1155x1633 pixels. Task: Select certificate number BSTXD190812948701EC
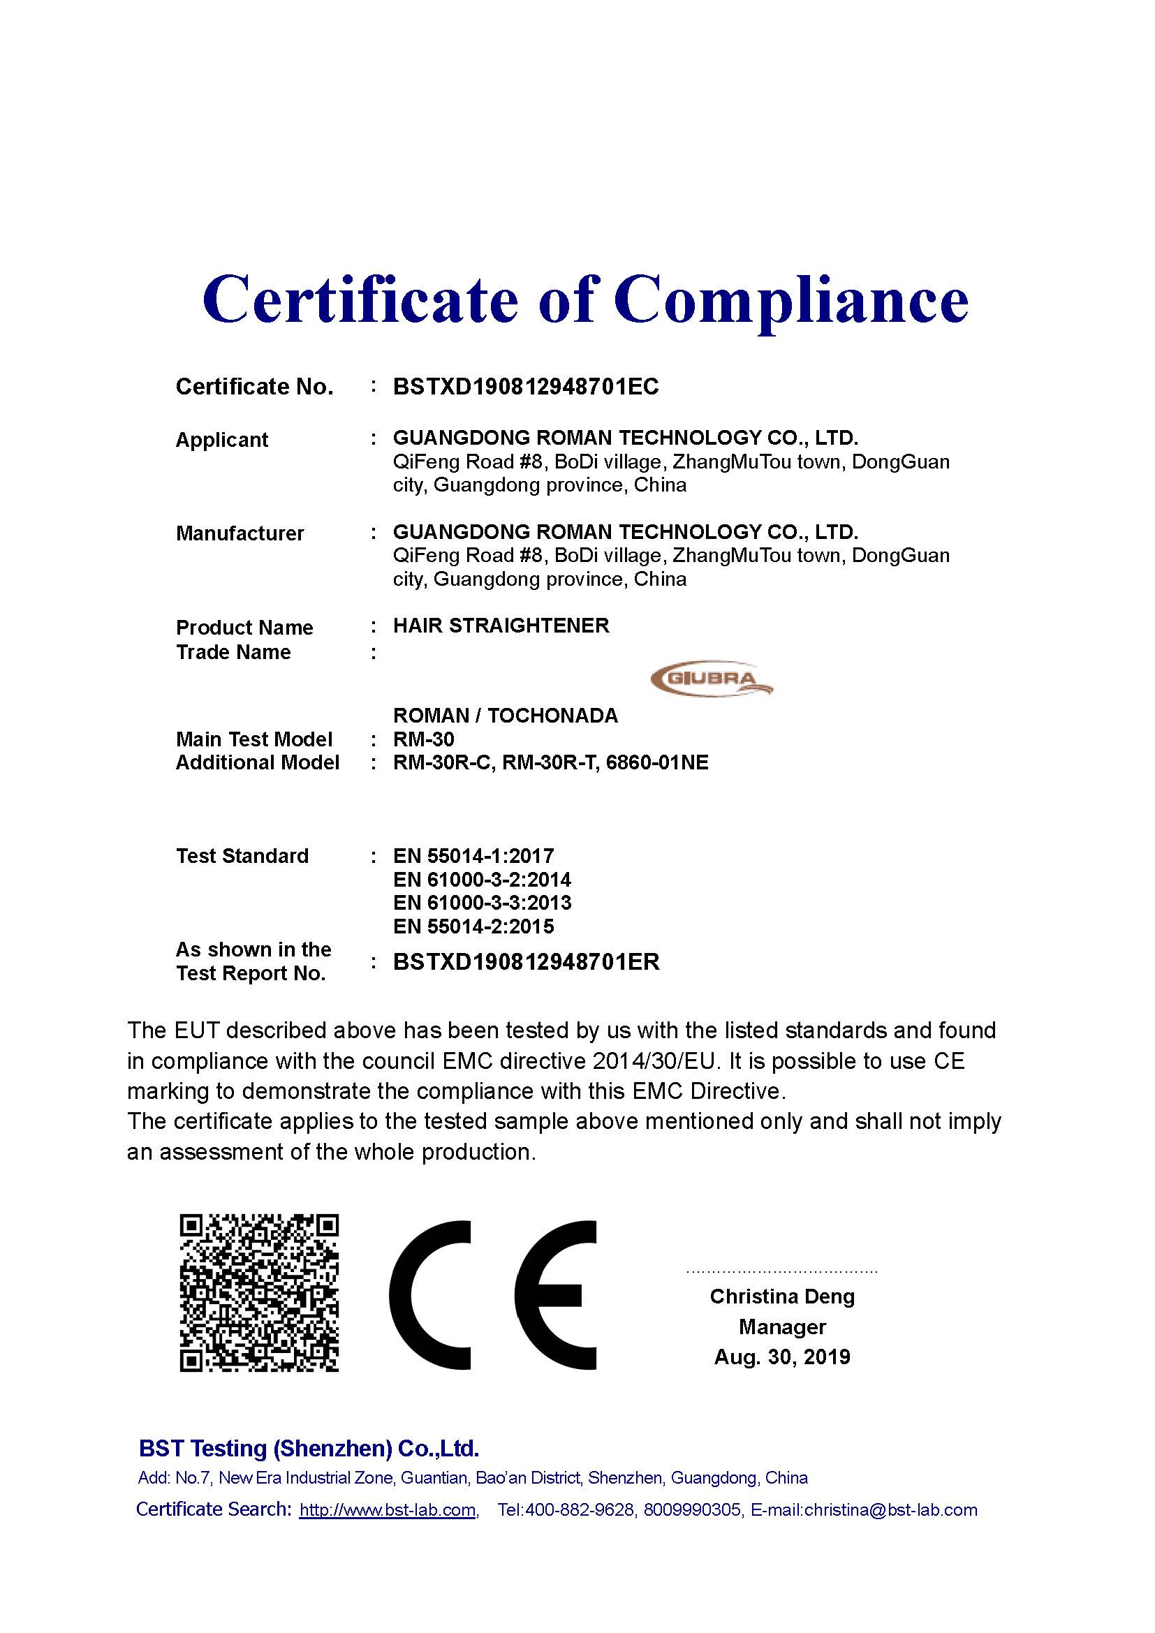pyautogui.click(x=526, y=386)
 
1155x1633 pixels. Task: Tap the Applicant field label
pyautogui.click(x=222, y=440)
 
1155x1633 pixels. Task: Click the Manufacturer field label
pyautogui.click(x=240, y=533)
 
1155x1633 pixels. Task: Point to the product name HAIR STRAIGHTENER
pyautogui.click(x=501, y=626)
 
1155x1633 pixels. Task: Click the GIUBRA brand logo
pyautogui.click(x=711, y=679)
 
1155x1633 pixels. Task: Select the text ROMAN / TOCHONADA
pyautogui.click(x=505, y=716)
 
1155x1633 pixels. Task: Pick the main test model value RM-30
pyautogui.click(x=423, y=739)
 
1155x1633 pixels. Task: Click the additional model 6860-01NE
pyautogui.click(x=657, y=762)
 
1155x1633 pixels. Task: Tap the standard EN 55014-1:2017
pyautogui.click(x=473, y=856)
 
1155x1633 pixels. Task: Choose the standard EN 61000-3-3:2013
pyautogui.click(x=482, y=903)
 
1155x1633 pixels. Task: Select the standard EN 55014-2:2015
pyautogui.click(x=473, y=926)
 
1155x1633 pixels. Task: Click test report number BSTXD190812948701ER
pyautogui.click(x=527, y=961)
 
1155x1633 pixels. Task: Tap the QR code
pyautogui.click(x=259, y=1292)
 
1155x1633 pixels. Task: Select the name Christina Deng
pyautogui.click(x=781, y=1296)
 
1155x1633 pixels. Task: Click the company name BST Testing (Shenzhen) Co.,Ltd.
pyautogui.click(x=309, y=1448)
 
